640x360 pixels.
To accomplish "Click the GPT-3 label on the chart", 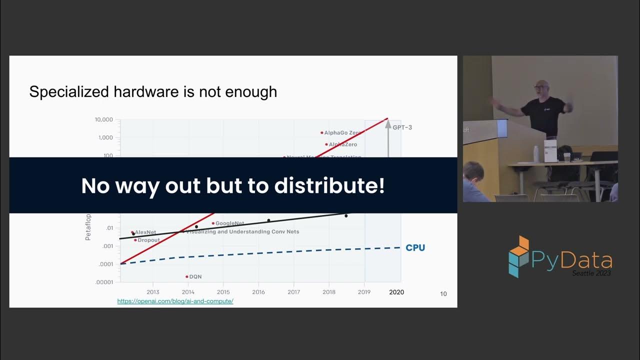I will (402, 127).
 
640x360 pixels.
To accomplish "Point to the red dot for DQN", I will (187, 276).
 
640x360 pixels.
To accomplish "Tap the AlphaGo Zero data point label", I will (342, 133).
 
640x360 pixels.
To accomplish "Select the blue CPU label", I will (415, 247).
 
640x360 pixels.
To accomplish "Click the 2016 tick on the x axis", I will (258, 292).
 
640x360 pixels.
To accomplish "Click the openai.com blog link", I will (175, 301).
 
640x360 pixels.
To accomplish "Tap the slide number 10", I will (443, 294).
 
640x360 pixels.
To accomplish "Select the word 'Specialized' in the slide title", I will (69, 92).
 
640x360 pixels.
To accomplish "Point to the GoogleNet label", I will (229, 223).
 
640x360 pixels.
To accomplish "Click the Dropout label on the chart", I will (148, 240).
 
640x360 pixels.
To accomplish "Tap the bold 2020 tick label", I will (396, 292).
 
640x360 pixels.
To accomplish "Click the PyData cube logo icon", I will (519, 256).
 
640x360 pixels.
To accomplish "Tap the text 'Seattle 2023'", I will (591, 273).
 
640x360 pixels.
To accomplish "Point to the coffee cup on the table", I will (567, 157).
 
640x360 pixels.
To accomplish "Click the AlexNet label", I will (145, 232).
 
